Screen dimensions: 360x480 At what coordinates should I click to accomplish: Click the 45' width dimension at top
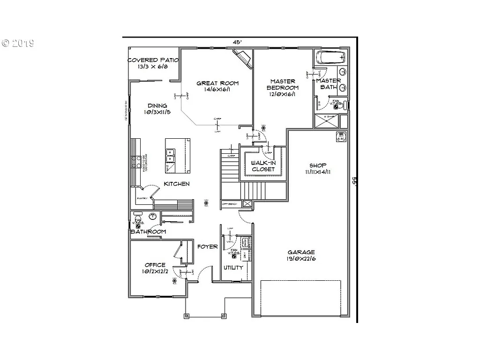click(238, 42)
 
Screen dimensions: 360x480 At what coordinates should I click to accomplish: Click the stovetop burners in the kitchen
click(137, 162)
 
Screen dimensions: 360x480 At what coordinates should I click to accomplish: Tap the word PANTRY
click(142, 198)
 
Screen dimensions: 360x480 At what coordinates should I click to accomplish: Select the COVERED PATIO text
click(153, 60)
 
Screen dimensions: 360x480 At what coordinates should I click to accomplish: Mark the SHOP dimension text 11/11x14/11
click(318, 172)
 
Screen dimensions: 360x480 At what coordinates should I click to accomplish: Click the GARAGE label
click(301, 252)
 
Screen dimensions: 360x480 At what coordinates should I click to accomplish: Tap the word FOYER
click(207, 247)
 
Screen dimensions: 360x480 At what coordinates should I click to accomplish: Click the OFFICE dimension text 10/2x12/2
click(155, 271)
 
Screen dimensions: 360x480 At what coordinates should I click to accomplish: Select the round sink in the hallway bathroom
click(152, 216)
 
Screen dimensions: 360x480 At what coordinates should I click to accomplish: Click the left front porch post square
click(187, 315)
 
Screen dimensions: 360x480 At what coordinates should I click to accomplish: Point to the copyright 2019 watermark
click(18, 44)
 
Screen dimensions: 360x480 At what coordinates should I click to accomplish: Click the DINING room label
click(157, 105)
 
